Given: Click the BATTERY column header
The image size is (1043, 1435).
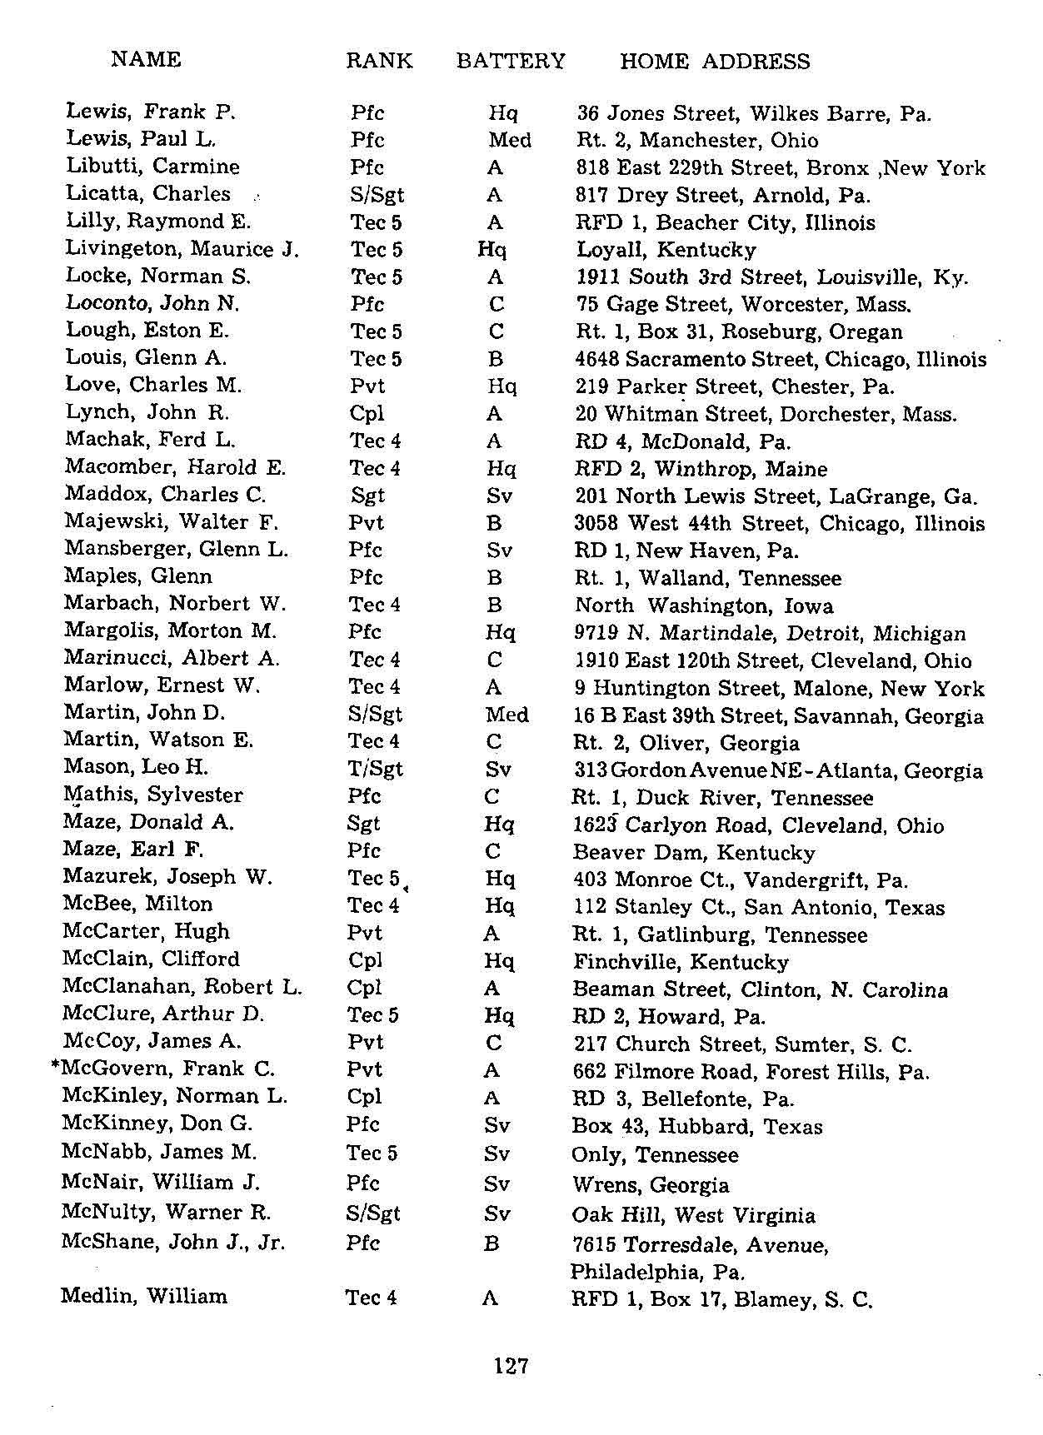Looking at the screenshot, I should click(x=511, y=61).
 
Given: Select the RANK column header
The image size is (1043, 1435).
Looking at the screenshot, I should click(x=379, y=61).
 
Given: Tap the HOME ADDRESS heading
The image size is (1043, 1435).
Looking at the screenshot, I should click(x=715, y=62).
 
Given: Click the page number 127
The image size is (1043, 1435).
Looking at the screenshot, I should click(x=511, y=1366).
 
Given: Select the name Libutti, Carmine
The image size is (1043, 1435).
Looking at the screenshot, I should click(x=152, y=167).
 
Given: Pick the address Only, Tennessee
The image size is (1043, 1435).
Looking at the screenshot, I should click(x=655, y=1155).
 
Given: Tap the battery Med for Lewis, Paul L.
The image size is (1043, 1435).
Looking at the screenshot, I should click(x=510, y=140).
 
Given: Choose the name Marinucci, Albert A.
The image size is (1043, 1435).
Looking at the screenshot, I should click(x=172, y=658).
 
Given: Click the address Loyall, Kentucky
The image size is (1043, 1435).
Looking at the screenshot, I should click(x=666, y=250).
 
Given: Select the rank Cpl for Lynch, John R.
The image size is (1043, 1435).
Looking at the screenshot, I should click(x=367, y=414).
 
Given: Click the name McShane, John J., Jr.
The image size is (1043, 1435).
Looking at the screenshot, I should click(x=172, y=1243).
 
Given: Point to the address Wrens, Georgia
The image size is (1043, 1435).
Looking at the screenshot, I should click(x=651, y=1185).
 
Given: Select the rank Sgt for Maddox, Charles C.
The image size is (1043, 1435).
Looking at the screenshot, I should click(x=367, y=496).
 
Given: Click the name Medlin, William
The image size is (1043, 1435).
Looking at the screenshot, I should click(x=143, y=1297).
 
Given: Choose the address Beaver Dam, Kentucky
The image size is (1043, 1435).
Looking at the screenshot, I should click(x=694, y=853).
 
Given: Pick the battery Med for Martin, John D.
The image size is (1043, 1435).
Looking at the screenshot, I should click(x=507, y=715).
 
